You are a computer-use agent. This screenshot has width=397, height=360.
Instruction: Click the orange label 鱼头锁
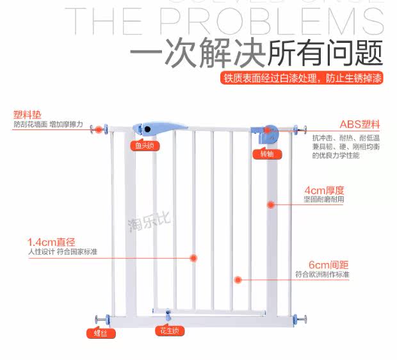pos(145,145)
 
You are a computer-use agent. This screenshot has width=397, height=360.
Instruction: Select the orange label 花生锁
pos(170,331)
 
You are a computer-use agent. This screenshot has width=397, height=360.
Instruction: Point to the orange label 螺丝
pos(98,333)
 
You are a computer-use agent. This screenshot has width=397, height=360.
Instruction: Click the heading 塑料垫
pos(26,116)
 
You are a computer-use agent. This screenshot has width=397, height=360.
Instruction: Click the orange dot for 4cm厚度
pos(270,205)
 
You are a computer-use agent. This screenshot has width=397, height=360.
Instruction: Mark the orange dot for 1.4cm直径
pos(193,258)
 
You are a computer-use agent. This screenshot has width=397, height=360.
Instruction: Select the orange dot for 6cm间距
pos(238,280)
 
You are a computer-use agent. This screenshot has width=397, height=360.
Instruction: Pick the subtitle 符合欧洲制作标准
pos(322,274)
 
